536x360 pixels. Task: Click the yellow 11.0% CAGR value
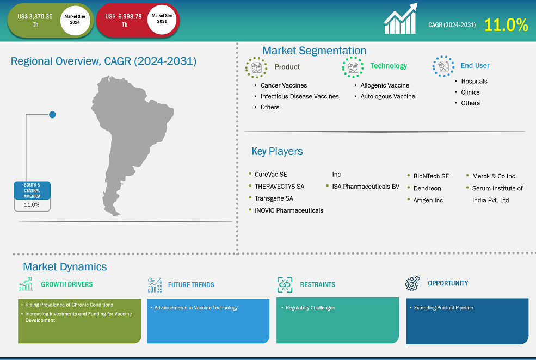point(506,25)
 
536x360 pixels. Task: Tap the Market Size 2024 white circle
point(75,20)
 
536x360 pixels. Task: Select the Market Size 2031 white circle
point(162,19)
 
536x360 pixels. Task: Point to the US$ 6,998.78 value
point(124,16)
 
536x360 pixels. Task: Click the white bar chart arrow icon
point(401,18)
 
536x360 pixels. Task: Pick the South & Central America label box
point(32,190)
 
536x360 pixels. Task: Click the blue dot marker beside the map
point(52,115)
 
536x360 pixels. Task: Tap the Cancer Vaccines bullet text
point(284,85)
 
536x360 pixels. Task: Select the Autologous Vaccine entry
point(387,96)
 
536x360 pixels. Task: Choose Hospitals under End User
point(474,81)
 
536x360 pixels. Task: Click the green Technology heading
point(389,66)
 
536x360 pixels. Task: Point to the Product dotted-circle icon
point(256,67)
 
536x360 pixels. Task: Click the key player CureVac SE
point(271,175)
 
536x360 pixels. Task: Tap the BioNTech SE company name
point(431,176)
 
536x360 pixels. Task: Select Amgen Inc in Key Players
point(428,200)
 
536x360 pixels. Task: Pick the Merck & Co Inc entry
point(494,176)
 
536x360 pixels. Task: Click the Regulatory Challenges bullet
point(310,308)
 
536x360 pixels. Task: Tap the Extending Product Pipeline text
point(443,308)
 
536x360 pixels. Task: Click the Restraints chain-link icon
point(285,285)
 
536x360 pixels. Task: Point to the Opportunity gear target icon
point(412,283)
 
